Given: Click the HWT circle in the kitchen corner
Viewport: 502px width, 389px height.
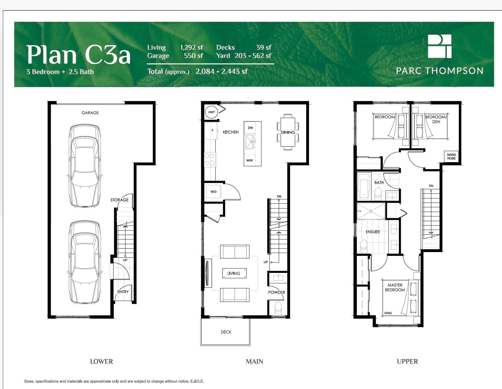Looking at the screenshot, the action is click(211, 112).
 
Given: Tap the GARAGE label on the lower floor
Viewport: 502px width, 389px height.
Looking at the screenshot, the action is click(90, 113).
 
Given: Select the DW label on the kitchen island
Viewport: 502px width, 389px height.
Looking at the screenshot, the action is click(250, 128).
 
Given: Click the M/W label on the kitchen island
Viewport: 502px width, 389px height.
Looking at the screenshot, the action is click(249, 160).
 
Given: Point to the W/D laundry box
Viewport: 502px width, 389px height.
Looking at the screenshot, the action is click(213, 192).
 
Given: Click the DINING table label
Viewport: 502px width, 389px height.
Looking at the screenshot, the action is click(288, 133).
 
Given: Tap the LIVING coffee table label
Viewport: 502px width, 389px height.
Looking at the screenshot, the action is click(234, 273).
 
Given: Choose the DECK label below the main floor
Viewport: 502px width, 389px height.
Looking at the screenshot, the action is click(226, 332).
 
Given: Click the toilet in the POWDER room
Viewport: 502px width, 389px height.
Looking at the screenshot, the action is click(278, 308).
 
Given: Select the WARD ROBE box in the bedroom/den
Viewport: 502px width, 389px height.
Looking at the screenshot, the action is click(452, 156).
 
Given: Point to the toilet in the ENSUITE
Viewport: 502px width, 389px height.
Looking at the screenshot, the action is click(364, 246).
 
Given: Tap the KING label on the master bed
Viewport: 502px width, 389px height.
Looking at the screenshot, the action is click(388, 313).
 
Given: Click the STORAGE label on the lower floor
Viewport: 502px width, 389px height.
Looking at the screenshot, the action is click(120, 200).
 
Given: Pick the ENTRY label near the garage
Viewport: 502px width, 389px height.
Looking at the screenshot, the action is click(123, 292).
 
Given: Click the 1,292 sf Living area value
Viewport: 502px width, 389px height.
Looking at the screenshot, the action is click(191, 47).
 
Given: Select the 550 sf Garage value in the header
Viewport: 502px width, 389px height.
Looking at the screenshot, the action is click(193, 56).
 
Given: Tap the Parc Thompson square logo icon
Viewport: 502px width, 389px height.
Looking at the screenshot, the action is click(440, 46).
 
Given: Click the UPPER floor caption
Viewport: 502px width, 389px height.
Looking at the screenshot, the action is click(407, 362).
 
